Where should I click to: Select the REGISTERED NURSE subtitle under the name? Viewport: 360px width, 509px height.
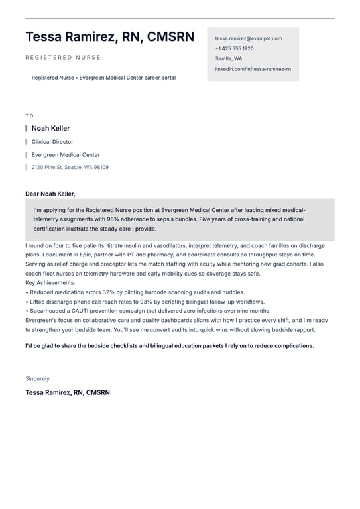[x=63, y=58]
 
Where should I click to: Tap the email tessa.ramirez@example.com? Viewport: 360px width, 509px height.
[x=248, y=38]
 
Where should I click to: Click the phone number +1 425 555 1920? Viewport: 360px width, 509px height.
[x=234, y=48]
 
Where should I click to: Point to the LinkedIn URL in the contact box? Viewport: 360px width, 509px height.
[x=253, y=69]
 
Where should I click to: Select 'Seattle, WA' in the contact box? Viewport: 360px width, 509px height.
[x=229, y=58]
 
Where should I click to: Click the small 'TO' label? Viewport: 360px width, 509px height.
[x=29, y=115]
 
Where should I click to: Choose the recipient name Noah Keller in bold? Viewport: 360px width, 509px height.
[x=50, y=128]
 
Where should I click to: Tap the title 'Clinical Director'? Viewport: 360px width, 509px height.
[x=52, y=142]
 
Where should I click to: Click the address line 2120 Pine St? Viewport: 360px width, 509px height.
[x=70, y=167]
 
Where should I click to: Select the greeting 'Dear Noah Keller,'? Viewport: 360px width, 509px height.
[x=50, y=194]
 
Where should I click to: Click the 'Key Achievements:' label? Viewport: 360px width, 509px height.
[x=50, y=283]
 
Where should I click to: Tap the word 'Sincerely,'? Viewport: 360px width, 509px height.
[x=38, y=378]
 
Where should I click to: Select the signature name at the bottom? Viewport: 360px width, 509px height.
[x=68, y=392]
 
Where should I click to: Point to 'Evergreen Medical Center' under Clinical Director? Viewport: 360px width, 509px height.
[x=66, y=155]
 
